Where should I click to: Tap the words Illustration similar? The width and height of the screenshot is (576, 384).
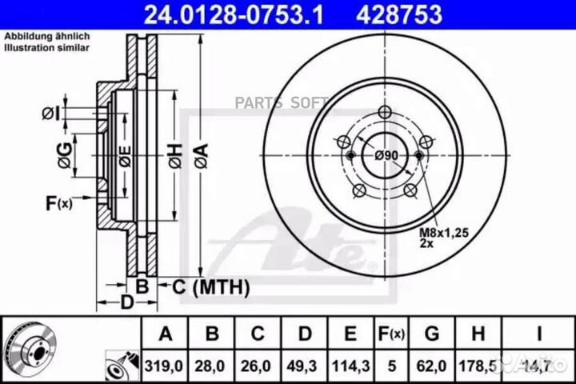(47, 48)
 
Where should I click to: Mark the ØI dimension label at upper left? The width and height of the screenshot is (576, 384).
(51, 113)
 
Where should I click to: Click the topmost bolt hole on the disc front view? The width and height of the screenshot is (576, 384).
(384, 111)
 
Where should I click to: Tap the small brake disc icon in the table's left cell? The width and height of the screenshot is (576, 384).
(32, 349)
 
